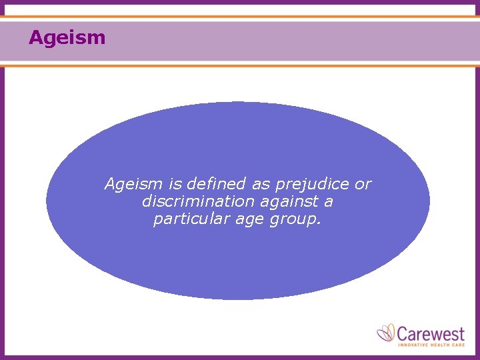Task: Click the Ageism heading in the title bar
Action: point(67,37)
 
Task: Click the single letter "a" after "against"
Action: point(329,202)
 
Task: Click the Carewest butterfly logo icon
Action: point(387,333)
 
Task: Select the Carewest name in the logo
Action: point(431,332)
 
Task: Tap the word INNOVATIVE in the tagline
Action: point(413,344)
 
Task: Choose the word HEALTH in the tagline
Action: point(441,344)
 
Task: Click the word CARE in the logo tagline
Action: point(459,344)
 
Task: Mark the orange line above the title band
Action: point(240,17)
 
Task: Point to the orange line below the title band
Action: point(240,65)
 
